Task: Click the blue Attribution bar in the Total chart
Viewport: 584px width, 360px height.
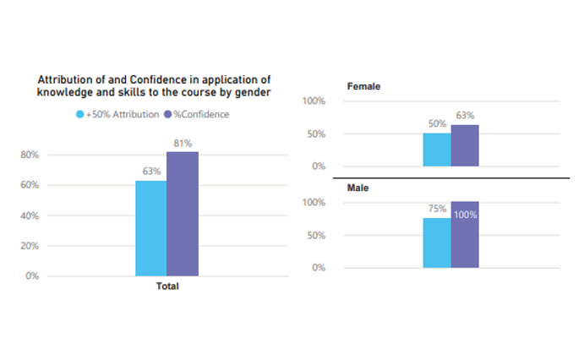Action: click(x=150, y=228)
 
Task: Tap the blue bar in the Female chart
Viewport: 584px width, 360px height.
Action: click(x=437, y=150)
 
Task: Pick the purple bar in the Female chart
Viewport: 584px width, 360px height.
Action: click(x=465, y=145)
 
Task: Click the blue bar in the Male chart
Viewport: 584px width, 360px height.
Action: click(x=437, y=243)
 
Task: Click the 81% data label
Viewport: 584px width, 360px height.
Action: click(x=183, y=144)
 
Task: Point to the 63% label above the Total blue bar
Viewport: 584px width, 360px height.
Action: click(x=151, y=172)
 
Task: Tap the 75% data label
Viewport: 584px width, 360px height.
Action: click(x=437, y=210)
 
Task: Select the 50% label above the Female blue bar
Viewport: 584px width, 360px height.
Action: click(x=437, y=124)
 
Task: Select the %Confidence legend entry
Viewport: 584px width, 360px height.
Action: click(x=197, y=114)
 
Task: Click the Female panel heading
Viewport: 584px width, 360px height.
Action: click(x=363, y=86)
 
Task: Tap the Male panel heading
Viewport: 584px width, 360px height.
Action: click(x=359, y=188)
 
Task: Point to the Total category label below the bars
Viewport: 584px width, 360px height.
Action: click(x=167, y=286)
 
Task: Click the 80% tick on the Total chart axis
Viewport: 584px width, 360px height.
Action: click(x=30, y=155)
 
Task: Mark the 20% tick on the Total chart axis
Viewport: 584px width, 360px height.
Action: click(x=30, y=246)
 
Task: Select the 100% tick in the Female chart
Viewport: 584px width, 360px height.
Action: click(x=314, y=101)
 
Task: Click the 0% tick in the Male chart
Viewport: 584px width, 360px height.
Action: click(x=318, y=268)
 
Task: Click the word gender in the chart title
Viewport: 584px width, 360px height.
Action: click(x=251, y=93)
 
